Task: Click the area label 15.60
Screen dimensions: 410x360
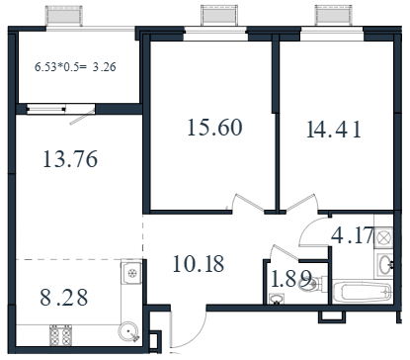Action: click(x=214, y=128)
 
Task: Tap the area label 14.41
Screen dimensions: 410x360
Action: click(x=334, y=130)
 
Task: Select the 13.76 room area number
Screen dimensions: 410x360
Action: click(x=70, y=159)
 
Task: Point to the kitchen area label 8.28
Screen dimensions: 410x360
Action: click(x=64, y=297)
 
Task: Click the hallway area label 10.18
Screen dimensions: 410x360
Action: click(x=199, y=264)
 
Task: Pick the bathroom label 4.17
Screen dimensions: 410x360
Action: click(x=353, y=235)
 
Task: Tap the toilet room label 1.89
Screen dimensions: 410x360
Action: click(x=290, y=279)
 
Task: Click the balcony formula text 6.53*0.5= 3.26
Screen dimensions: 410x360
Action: click(x=75, y=67)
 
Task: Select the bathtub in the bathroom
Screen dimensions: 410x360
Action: click(x=363, y=292)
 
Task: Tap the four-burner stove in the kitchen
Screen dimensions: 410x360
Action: click(x=60, y=335)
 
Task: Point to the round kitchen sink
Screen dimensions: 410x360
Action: click(x=128, y=331)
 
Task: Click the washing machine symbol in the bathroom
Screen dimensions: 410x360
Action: click(x=383, y=237)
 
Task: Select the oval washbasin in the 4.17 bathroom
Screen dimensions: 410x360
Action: click(x=384, y=264)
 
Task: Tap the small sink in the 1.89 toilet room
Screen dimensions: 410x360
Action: click(x=276, y=300)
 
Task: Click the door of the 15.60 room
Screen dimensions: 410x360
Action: click(x=249, y=202)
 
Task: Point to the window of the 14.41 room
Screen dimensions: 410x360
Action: click(x=332, y=35)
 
